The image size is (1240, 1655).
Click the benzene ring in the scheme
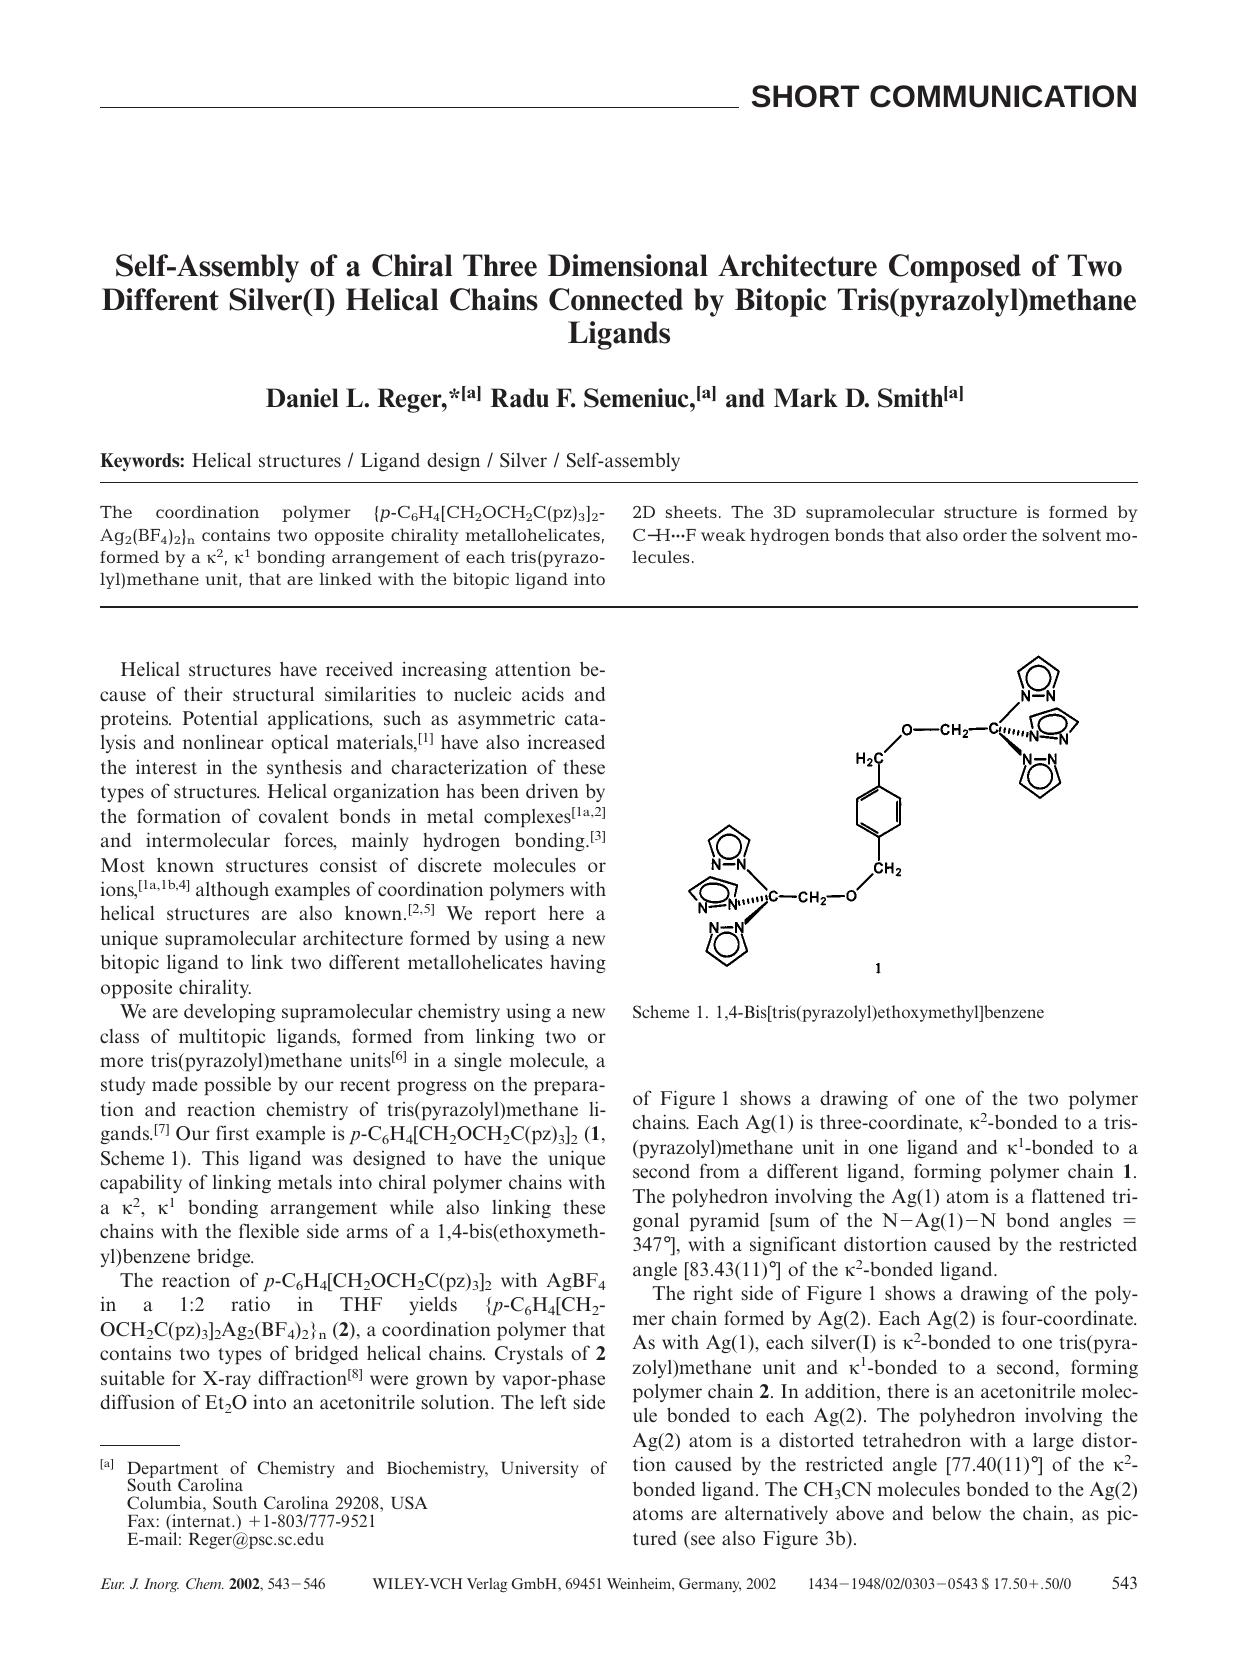pos(879,811)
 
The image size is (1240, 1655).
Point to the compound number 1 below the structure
pos(877,968)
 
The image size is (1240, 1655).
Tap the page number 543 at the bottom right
pos(1124,1584)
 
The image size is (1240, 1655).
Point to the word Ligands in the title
pos(618,333)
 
